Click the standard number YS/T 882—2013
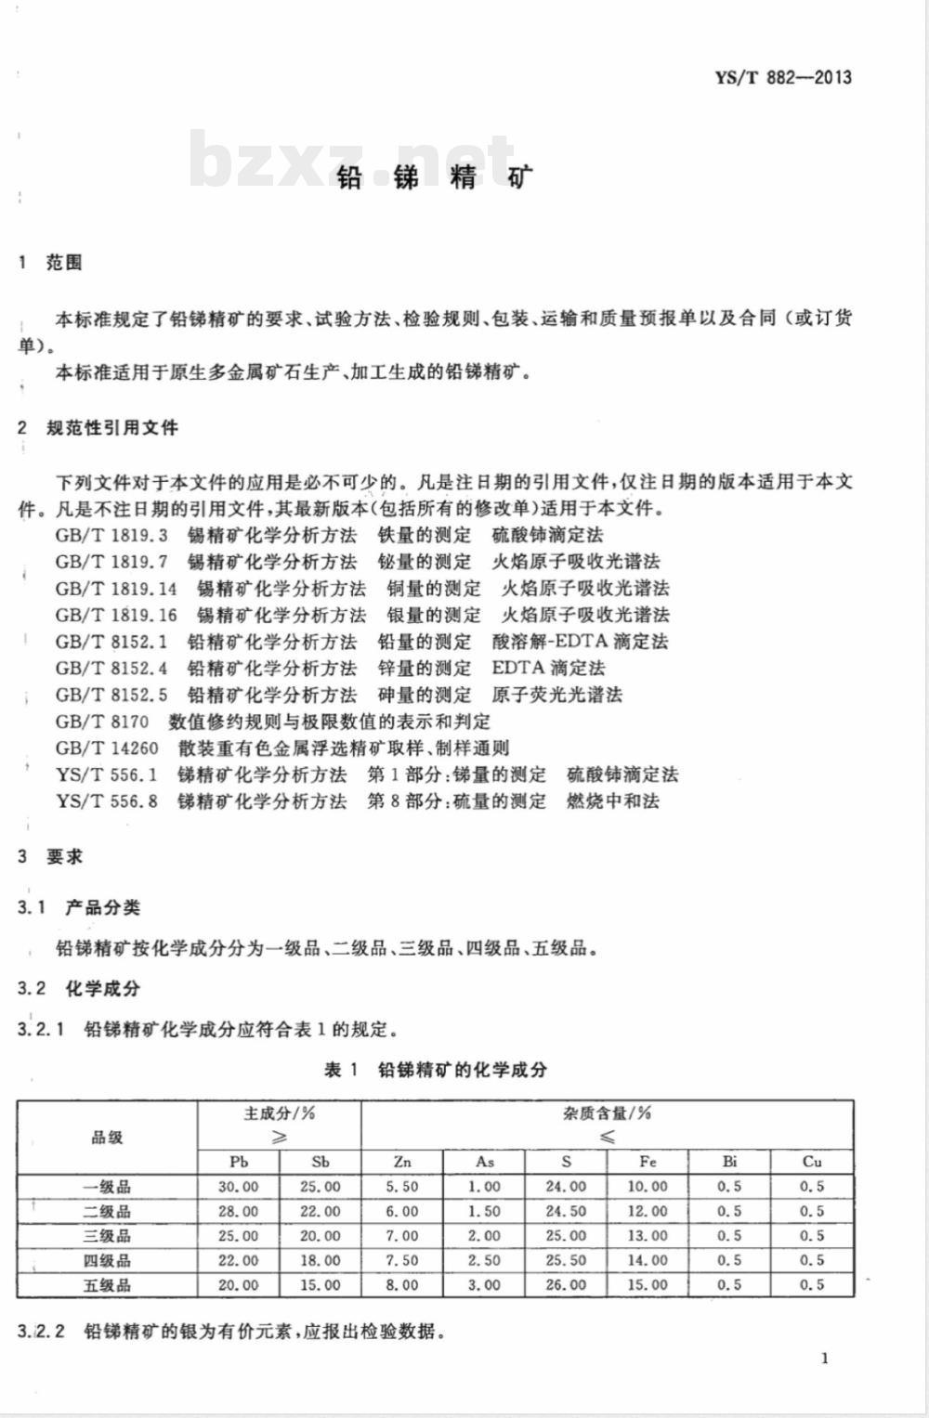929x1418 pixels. [782, 78]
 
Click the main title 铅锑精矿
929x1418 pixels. [436, 176]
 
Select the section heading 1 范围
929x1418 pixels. [51, 263]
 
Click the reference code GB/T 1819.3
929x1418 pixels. [111, 535]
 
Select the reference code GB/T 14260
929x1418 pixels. [107, 748]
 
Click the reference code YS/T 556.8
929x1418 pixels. [107, 801]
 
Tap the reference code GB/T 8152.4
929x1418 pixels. [111, 668]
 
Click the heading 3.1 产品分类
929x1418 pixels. [79, 907]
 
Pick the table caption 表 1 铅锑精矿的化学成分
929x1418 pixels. [436, 1070]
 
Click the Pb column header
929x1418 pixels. [238, 1162]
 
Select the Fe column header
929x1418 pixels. [648, 1162]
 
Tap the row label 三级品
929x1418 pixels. [107, 1236]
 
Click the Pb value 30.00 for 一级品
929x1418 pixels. [238, 1187]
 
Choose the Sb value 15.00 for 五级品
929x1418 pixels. [321, 1285]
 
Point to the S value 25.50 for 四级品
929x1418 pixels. [566, 1260]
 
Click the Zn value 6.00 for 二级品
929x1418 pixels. [402, 1212]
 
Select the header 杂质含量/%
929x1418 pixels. [607, 1112]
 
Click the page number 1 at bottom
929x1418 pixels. [825, 1359]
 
